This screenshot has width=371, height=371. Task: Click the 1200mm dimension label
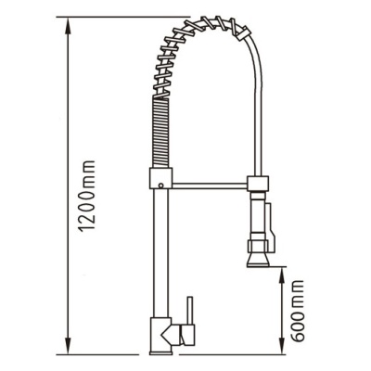coord(87,196)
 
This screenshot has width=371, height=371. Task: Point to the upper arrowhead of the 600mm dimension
coord(282,276)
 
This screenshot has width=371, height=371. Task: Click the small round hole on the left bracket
coord(160,185)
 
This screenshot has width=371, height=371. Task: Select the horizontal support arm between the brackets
coord(210,185)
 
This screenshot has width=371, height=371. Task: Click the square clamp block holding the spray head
coord(258,183)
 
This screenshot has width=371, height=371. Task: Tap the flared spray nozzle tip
coord(258,261)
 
